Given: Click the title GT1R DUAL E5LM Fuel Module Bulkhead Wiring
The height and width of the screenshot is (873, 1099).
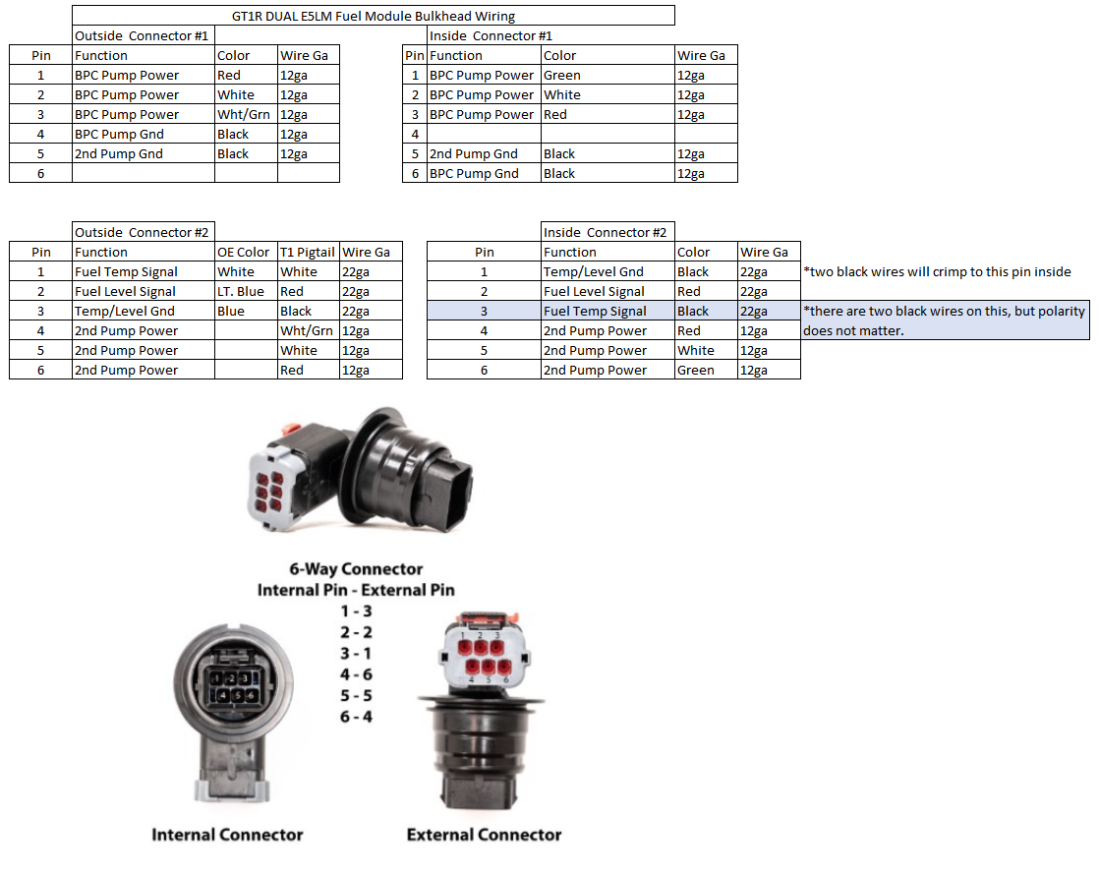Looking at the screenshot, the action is (x=374, y=16).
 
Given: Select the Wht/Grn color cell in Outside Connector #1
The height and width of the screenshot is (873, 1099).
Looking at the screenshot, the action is (x=246, y=114).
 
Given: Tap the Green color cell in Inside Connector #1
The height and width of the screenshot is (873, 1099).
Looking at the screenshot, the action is (x=607, y=75).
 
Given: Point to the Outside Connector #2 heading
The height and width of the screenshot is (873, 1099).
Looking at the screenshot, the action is (x=143, y=232).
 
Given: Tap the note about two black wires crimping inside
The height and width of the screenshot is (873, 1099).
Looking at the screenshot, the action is (x=937, y=271).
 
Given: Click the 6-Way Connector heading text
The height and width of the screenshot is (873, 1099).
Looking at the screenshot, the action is (x=356, y=568).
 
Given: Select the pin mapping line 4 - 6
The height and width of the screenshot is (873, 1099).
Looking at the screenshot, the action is (x=356, y=674).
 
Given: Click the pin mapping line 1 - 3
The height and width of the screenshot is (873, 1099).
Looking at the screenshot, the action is (x=356, y=611).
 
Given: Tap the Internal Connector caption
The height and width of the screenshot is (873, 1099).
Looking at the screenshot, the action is (x=227, y=835).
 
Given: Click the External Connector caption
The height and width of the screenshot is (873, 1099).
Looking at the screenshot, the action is (x=484, y=835).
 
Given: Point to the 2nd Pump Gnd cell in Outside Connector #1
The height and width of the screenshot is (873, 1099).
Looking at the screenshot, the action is (x=144, y=153).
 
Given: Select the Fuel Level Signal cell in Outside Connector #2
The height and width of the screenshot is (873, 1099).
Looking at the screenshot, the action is (x=144, y=291).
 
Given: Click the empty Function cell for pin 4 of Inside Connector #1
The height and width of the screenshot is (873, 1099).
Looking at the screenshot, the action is (x=484, y=134).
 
